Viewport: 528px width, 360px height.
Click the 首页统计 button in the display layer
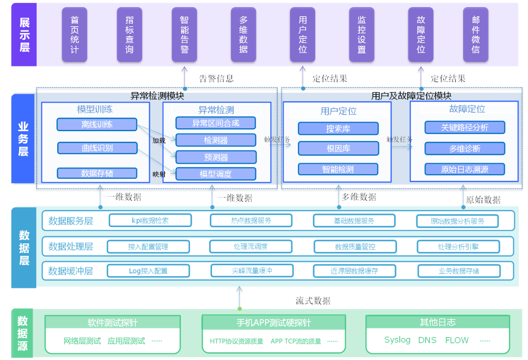pos(75,35)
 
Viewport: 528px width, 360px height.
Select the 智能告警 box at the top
pos(184,35)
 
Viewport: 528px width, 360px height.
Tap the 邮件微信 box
pos(476,35)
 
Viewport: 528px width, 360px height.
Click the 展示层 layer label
pos(24,35)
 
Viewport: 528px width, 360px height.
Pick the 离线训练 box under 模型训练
pos(97,125)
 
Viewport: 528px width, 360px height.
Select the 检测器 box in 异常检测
pos(216,140)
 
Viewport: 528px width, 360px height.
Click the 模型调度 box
pos(216,174)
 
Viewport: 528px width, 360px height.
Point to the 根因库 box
pos(338,149)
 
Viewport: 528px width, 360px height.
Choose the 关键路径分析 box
pos(465,127)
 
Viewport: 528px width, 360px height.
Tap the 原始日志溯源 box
pos(465,169)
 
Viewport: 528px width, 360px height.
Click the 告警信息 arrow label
pos(216,78)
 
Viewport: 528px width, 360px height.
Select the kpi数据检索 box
pos(150,220)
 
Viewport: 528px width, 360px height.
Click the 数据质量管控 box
pos(355,247)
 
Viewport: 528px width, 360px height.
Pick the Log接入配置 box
pos(148,271)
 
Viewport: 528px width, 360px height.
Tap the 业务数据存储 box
pos(459,271)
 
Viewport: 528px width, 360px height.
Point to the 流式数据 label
pos(313,300)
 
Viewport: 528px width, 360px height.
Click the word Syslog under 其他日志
pos(397,340)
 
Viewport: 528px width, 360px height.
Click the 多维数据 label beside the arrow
pos(359,197)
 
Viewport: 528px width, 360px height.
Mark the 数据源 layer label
pos(22,333)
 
